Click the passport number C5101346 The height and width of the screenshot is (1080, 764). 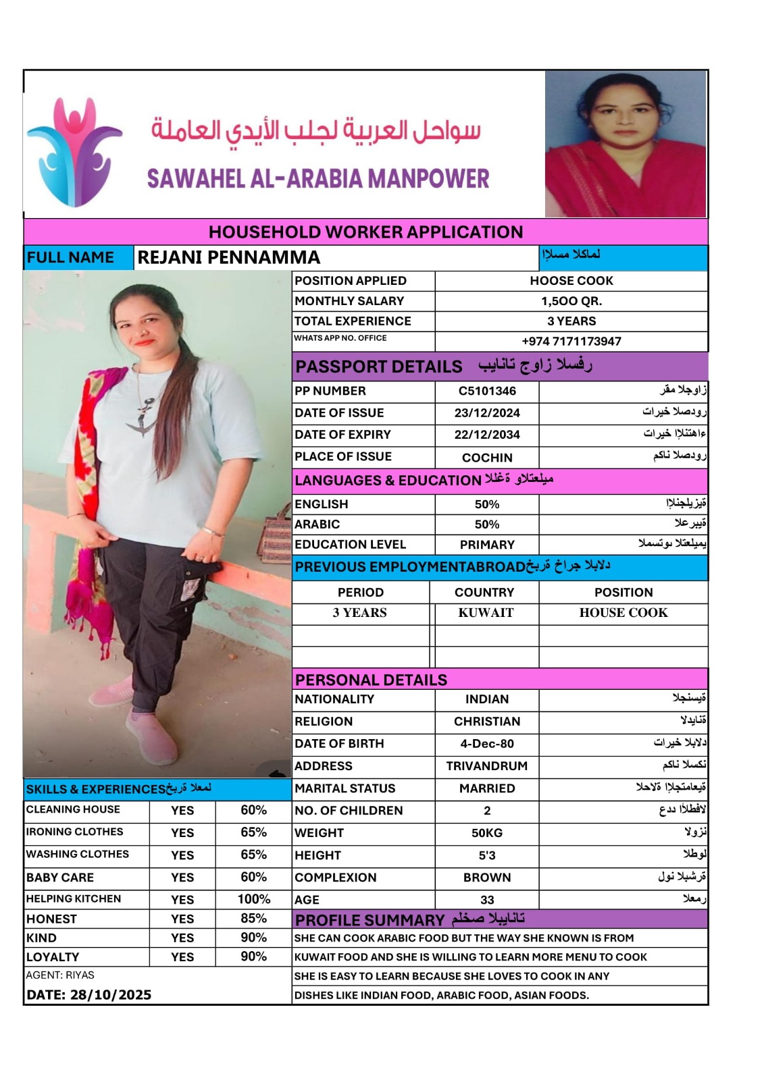[487, 391]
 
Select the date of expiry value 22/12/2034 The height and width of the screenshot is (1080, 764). [487, 435]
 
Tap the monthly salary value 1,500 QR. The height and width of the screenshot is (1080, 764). [571, 301]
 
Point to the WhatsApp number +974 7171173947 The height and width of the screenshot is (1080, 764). [571, 342]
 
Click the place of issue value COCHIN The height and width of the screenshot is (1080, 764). [487, 458]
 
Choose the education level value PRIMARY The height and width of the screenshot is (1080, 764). [487, 545]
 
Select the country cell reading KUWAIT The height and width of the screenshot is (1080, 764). [486, 613]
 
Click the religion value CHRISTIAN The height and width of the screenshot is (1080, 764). [487, 722]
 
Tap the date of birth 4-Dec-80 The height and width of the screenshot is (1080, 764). [487, 744]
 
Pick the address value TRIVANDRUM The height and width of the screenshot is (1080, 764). [487, 766]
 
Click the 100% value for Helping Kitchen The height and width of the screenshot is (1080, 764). [253, 899]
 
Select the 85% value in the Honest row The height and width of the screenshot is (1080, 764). [253, 919]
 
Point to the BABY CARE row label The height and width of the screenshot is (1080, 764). [60, 878]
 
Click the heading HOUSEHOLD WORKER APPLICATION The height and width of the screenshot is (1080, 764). [365, 232]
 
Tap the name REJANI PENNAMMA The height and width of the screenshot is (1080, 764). [229, 258]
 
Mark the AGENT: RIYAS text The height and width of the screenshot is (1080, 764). [60, 975]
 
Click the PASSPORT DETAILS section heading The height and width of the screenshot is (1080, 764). [379, 367]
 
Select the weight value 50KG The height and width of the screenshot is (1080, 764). [487, 833]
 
